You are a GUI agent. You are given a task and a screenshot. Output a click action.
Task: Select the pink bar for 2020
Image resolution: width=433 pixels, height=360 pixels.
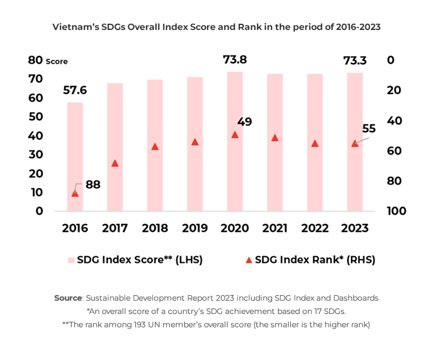(235, 141)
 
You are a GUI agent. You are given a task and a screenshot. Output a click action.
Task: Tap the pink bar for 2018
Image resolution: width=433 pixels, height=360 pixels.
(155, 145)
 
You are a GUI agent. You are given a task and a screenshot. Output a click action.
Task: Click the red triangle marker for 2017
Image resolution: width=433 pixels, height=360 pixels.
(115, 163)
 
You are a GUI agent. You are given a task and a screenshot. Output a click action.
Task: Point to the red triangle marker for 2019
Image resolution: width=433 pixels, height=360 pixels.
(195, 142)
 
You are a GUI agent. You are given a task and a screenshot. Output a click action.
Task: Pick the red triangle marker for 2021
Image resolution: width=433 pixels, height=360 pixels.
(275, 138)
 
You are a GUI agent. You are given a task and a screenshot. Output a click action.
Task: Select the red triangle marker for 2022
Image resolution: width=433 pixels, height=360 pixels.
(315, 143)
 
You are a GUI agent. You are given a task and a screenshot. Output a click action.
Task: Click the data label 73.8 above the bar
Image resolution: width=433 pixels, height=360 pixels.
(235, 59)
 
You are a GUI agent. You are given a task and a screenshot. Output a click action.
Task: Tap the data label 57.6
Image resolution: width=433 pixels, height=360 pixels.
(75, 90)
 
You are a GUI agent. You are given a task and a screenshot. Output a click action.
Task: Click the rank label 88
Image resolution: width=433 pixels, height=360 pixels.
(93, 185)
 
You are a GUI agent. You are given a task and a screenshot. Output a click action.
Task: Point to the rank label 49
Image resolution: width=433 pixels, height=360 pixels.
(244, 121)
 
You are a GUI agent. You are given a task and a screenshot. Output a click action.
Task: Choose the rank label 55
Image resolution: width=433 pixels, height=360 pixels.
(369, 129)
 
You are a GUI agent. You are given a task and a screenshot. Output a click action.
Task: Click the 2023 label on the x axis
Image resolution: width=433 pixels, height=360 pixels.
(355, 228)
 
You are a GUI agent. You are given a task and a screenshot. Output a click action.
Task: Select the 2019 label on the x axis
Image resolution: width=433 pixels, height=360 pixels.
(195, 228)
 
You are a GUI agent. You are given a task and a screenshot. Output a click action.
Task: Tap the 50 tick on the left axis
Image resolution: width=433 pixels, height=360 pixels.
(36, 116)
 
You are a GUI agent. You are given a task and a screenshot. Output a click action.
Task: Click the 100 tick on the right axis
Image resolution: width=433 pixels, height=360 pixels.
(396, 211)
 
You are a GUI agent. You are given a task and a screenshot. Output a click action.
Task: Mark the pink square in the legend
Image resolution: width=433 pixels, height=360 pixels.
(71, 260)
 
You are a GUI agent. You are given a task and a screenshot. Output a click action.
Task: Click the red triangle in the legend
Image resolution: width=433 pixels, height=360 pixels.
(249, 260)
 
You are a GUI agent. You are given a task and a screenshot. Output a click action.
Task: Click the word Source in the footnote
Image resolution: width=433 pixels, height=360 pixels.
(68, 298)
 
